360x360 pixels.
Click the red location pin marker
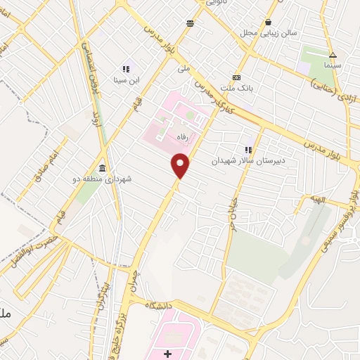(x=181, y=166)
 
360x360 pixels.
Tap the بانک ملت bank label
(x=236, y=87)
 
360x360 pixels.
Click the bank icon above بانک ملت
(x=236, y=77)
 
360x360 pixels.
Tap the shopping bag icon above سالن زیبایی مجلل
(x=269, y=22)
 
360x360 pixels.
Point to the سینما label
(x=333, y=65)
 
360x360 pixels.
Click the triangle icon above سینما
(x=333, y=55)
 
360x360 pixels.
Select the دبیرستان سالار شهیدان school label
(x=246, y=160)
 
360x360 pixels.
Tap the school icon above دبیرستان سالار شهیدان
(x=247, y=150)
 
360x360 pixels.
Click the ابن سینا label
(x=127, y=79)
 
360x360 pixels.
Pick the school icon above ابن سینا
(x=127, y=70)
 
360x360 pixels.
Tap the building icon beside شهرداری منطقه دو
(x=103, y=169)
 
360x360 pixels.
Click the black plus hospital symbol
(x=167, y=352)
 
